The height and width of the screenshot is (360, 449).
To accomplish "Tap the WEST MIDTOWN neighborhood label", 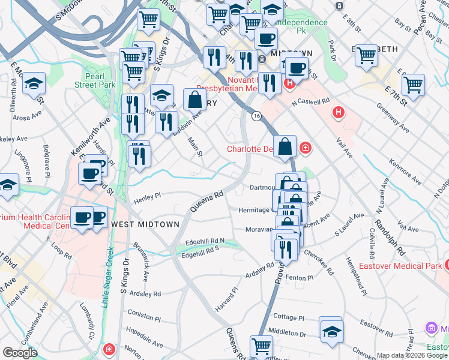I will coord(145,224).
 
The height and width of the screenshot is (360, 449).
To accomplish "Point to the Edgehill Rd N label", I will coord(205,241).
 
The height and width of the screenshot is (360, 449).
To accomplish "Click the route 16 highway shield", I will coord(256,115).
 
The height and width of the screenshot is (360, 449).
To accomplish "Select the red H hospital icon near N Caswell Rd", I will coord(339,112).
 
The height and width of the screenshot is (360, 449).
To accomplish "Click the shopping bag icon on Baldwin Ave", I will coord(195,99).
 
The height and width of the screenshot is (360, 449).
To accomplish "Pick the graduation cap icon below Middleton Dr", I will coord(331,331).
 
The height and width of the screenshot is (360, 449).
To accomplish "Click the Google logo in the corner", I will coord(20,353).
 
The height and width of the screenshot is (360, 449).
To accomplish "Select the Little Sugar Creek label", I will coord(107,275).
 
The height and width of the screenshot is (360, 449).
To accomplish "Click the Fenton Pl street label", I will coord(300,278).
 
